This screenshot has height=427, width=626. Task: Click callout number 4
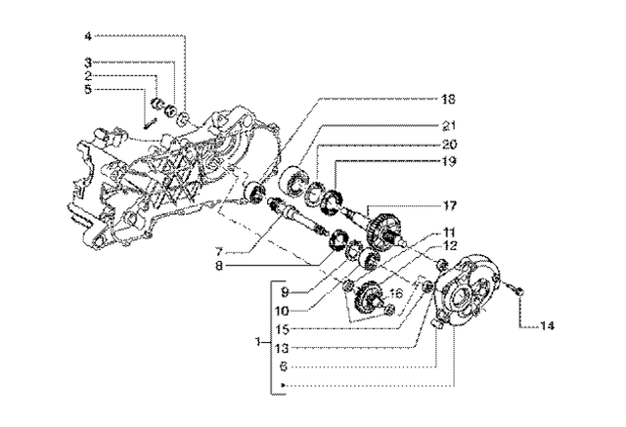pos(88,36)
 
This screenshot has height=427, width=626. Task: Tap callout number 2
pos(88,75)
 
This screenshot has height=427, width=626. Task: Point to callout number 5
pos(88,89)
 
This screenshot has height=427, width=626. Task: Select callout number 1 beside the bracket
pos(257,342)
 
